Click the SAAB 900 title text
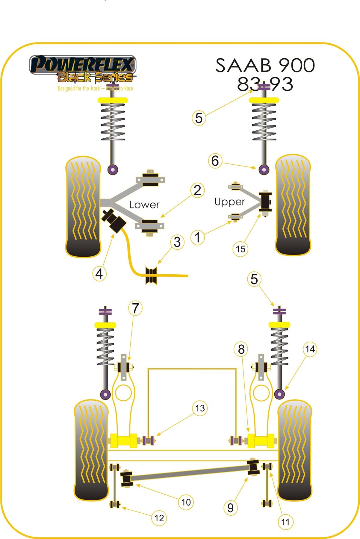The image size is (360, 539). (265, 65)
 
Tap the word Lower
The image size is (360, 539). (144, 205)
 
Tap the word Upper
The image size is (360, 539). (230, 202)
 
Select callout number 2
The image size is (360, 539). (197, 190)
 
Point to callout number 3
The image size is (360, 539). (177, 242)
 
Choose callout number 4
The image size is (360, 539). (99, 273)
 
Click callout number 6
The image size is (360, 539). (215, 161)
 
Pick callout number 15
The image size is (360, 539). (240, 249)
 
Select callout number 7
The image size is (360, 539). (135, 308)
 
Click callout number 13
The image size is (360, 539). (200, 408)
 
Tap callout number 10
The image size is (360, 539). (186, 502)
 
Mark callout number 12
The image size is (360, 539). (159, 518)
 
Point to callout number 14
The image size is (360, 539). (310, 349)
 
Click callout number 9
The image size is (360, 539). (230, 508)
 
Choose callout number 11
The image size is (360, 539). (285, 522)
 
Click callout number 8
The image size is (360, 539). (241, 349)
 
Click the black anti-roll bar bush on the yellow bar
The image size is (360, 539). (151, 275)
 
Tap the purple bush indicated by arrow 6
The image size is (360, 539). (264, 170)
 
